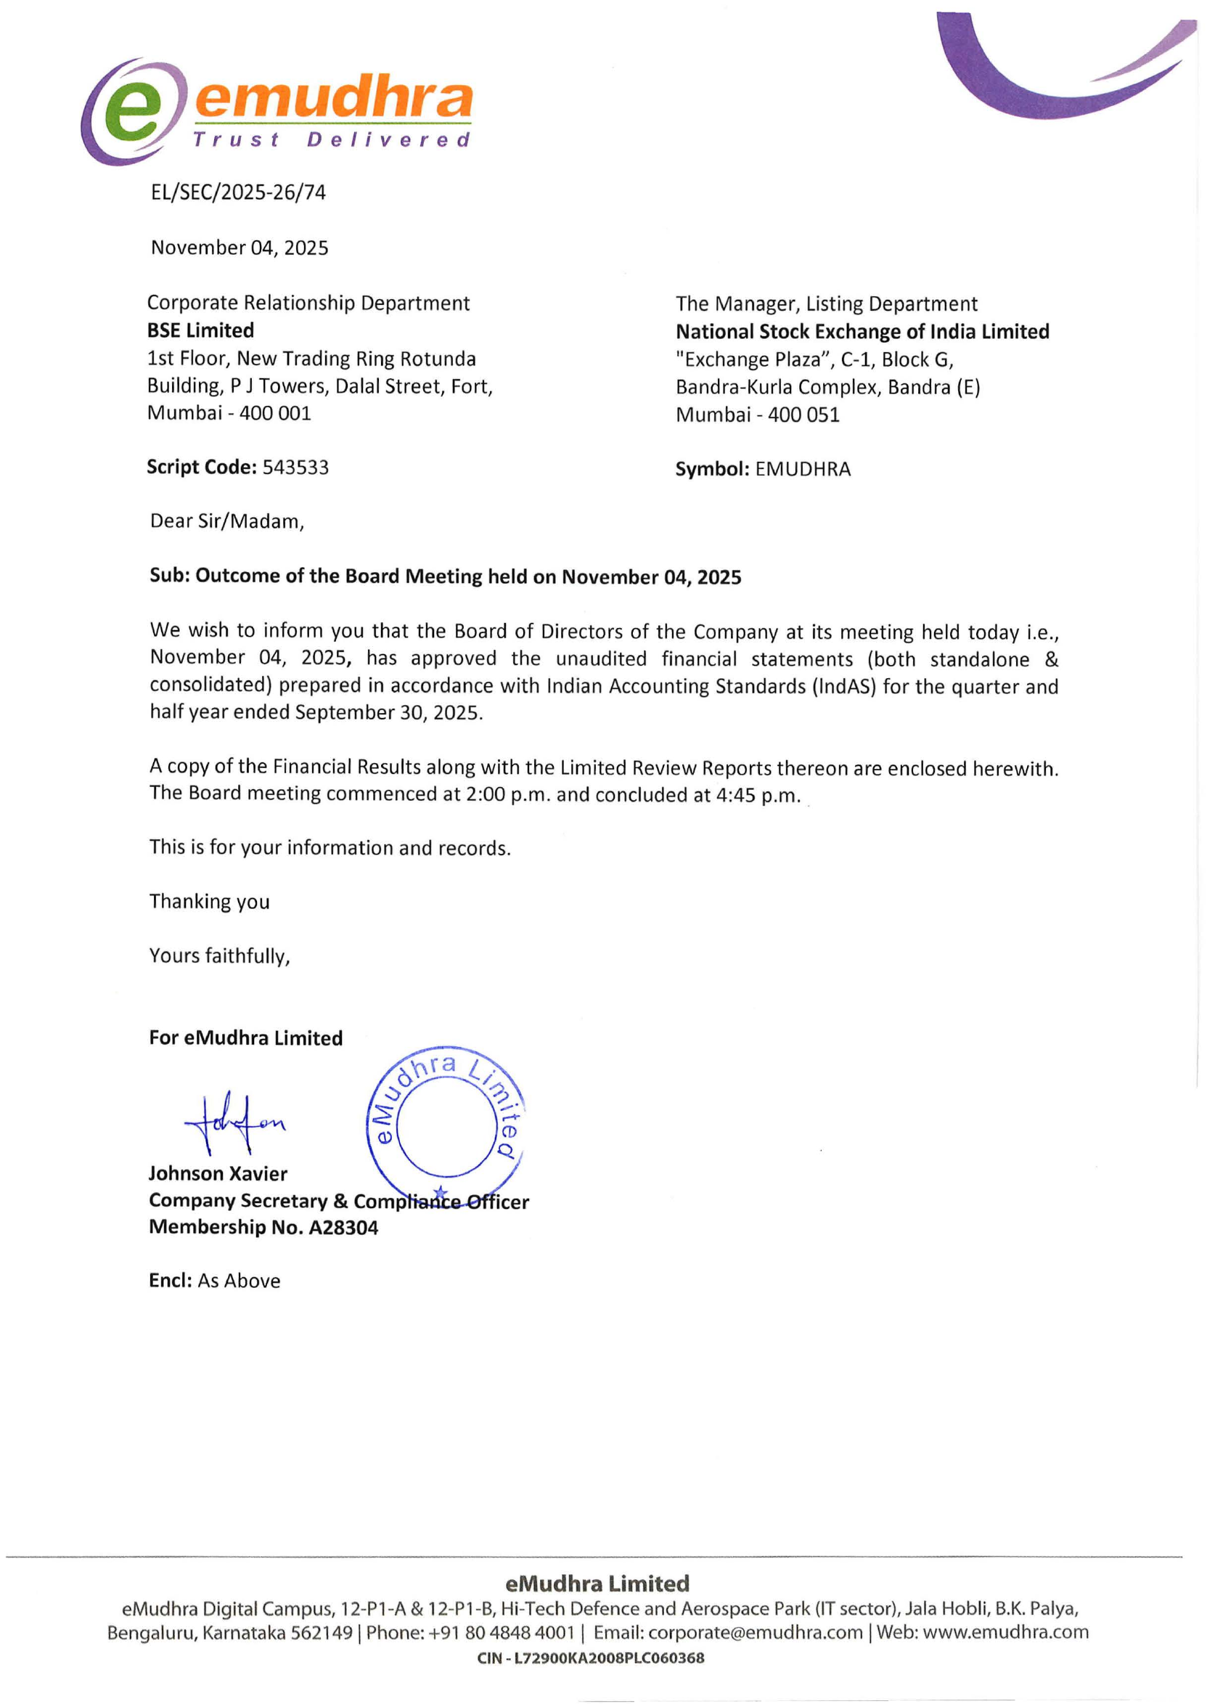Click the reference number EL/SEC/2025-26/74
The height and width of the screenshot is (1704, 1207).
coord(238,192)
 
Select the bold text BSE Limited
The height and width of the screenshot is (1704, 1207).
coord(200,330)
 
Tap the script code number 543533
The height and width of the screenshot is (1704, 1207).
coord(295,468)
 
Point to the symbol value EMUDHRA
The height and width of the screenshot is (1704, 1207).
coord(803,470)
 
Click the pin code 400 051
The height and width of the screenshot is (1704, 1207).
coord(803,415)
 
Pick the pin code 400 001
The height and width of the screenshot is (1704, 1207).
coord(275,413)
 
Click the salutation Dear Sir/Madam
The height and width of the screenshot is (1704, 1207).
coord(226,521)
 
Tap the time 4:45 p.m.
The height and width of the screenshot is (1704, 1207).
coord(758,796)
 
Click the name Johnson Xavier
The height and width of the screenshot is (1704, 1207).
coord(218,1174)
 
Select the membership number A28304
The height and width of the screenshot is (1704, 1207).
coord(343,1228)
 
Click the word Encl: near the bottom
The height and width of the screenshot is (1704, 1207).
coord(170,1281)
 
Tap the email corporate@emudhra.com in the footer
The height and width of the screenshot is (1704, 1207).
coord(755,1633)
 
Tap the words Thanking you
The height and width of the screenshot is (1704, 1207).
coord(210,902)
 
